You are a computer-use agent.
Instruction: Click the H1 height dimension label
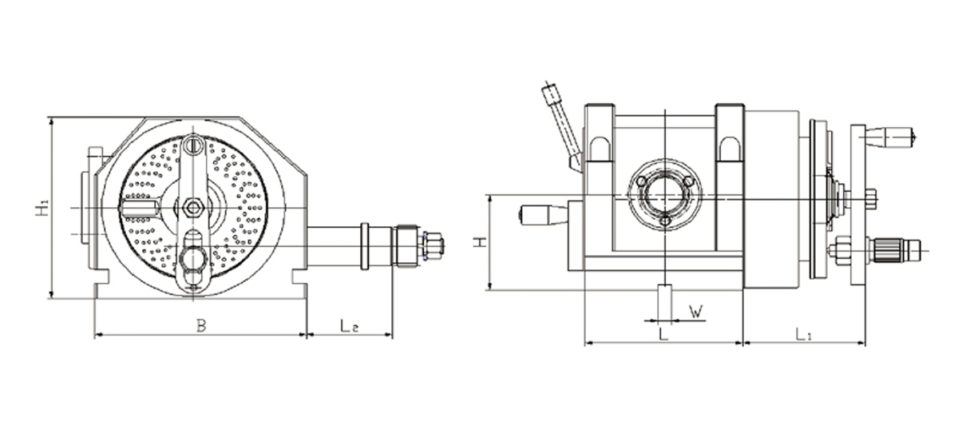[41, 209]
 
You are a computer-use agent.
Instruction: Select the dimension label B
[201, 325]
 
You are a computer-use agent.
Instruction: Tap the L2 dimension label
[348, 325]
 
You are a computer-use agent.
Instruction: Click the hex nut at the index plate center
[192, 209]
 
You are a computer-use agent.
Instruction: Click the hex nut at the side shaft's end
[432, 245]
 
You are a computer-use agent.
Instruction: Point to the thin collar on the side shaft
[365, 245]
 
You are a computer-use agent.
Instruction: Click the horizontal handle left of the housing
[543, 214]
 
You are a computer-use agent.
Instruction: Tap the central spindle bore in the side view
[665, 194]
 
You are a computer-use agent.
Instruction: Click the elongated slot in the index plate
[139, 209]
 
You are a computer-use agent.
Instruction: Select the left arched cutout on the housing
[600, 149]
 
